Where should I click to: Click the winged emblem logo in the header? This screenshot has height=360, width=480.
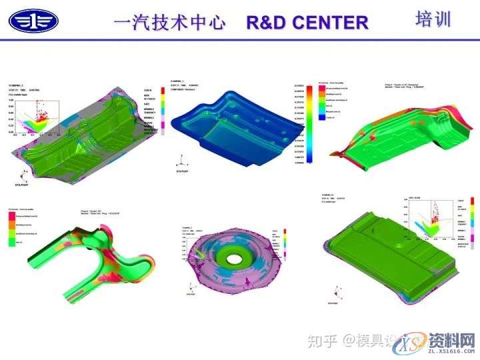33,21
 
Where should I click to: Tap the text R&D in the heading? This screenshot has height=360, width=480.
264,23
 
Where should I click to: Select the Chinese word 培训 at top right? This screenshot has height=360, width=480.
433,19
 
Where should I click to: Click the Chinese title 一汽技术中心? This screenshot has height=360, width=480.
169,23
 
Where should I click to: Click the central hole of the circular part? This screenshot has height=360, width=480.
234,257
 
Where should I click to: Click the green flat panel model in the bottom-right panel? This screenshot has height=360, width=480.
387,247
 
